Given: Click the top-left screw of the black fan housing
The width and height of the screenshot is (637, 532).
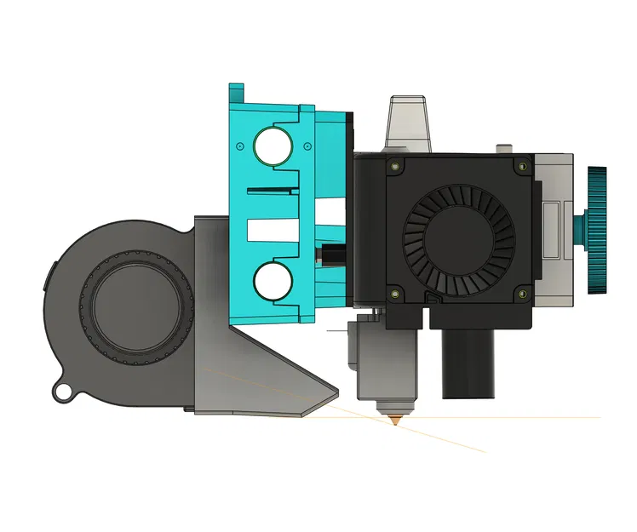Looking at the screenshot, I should point(393,167).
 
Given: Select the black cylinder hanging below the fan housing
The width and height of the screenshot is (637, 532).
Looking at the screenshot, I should point(468,362).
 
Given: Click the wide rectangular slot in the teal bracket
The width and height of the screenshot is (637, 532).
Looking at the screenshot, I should point(273,228).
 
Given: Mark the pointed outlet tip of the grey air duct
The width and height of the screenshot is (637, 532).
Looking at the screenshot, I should point(332,394).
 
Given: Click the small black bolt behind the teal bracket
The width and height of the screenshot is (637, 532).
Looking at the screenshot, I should point(330,254).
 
